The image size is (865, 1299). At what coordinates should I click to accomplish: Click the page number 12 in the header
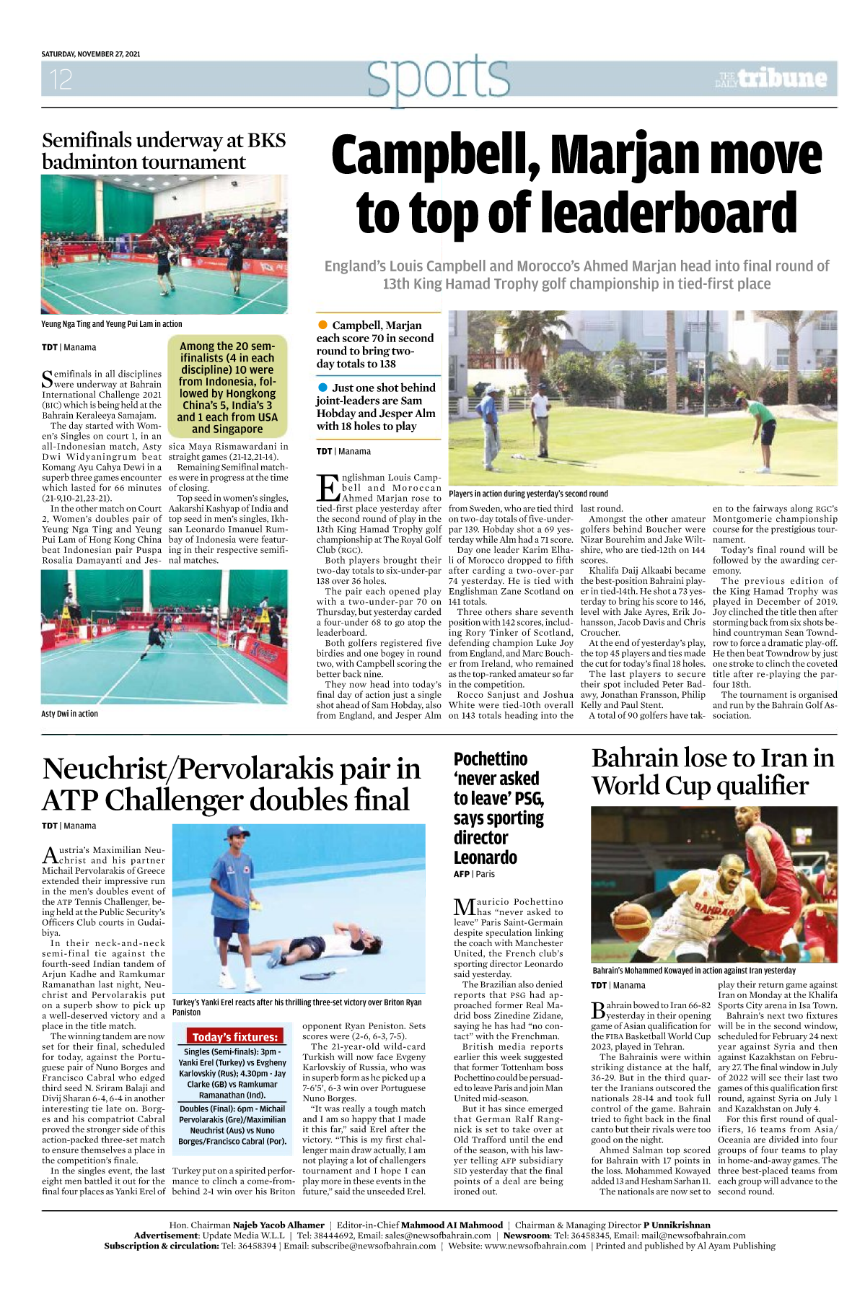61,79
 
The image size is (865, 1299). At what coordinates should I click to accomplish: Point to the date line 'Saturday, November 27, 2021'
91,54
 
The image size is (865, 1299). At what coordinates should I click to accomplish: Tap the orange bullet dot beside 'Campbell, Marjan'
322,325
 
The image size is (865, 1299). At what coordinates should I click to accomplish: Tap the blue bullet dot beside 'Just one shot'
322,388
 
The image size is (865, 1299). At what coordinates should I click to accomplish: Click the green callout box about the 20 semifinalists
227,387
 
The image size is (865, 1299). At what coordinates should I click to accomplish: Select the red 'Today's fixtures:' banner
234,1036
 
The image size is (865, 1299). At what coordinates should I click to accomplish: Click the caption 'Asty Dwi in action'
70,714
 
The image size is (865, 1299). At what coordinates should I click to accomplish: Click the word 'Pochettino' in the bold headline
491,759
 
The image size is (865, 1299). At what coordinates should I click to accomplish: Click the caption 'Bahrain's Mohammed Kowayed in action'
693,971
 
